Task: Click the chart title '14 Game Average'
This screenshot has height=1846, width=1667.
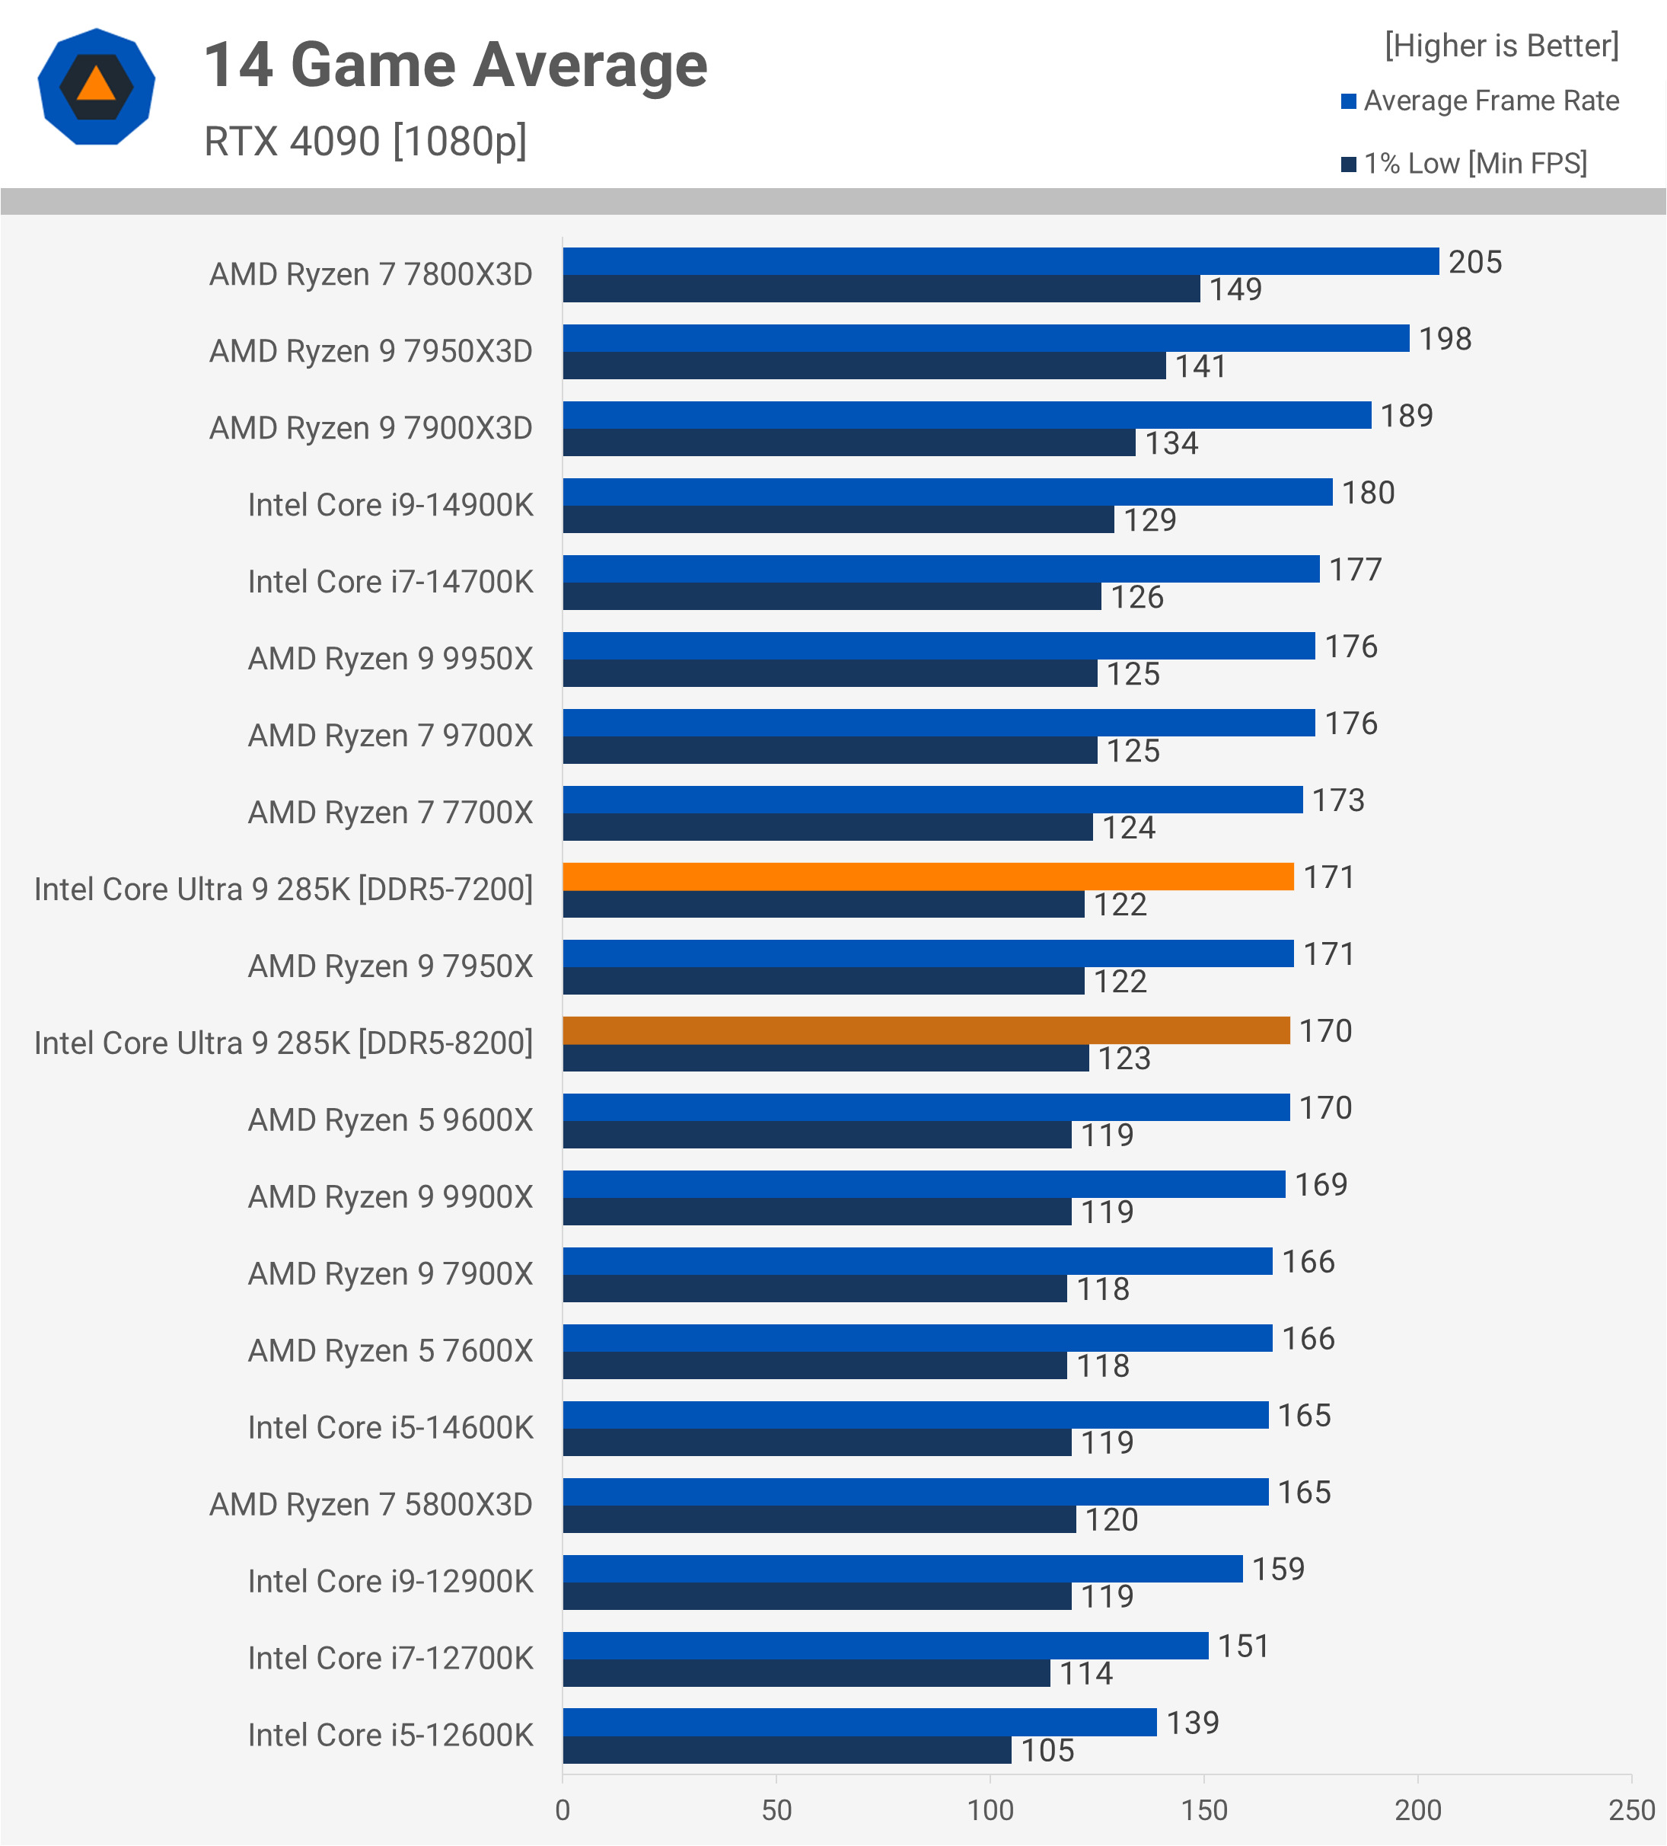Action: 455,66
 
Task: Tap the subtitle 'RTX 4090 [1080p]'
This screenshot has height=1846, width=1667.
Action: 365,142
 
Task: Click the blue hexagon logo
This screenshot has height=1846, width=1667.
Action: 96,87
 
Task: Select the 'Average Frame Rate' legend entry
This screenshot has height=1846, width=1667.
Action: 1490,101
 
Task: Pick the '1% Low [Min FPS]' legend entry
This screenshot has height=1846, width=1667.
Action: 1474,164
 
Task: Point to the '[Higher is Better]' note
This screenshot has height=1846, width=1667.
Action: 1501,46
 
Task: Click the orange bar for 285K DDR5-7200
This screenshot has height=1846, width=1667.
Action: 927,877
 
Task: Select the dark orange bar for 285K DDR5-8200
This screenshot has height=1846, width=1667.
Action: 926,1030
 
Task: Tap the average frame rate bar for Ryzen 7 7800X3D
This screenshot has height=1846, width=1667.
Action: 1000,261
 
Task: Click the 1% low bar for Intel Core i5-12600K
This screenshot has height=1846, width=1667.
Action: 786,1750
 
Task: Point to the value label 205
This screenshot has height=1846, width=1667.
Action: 1474,262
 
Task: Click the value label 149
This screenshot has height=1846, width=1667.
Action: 1235,289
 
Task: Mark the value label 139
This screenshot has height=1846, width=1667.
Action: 1192,1723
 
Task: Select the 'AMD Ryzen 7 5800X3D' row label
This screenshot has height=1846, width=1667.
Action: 371,1505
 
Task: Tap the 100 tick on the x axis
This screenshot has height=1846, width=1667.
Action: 990,1809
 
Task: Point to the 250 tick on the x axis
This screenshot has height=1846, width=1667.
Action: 1631,1809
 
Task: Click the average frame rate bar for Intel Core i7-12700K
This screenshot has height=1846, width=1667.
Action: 885,1646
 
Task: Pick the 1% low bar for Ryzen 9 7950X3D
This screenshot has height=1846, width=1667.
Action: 864,366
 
